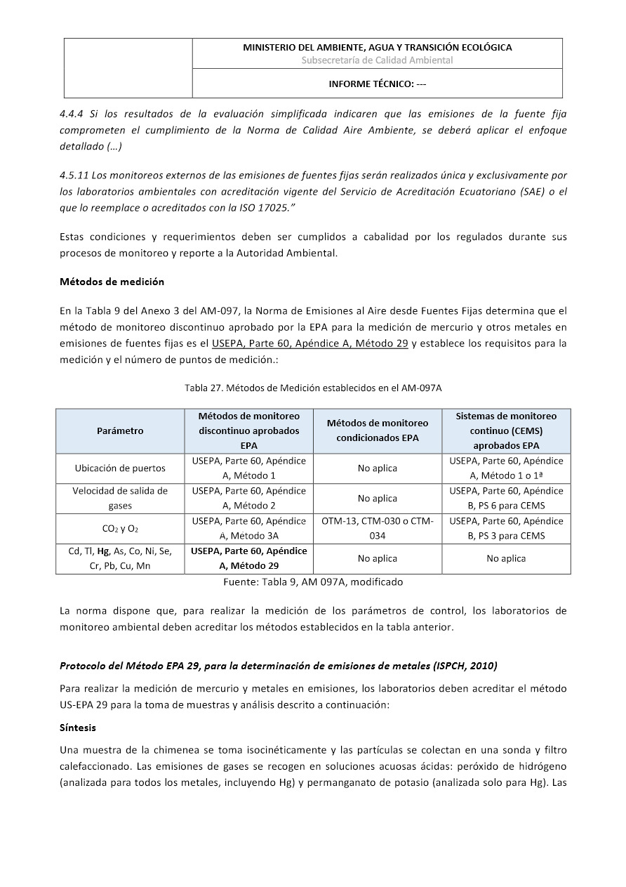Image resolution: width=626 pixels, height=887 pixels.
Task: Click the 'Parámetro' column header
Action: (119, 431)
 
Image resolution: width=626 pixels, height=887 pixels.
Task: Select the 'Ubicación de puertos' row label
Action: (120, 468)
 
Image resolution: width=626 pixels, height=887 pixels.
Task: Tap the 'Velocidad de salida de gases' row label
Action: (120, 498)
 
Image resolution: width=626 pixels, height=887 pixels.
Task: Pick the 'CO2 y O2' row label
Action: (120, 529)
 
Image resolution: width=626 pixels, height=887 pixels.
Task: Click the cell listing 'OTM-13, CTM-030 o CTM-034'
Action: (378, 528)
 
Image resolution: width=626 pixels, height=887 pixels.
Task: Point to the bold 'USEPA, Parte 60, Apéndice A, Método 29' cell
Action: (249, 558)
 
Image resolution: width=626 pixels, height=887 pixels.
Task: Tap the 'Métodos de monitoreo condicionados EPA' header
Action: (378, 431)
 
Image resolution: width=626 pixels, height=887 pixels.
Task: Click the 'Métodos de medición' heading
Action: (112, 282)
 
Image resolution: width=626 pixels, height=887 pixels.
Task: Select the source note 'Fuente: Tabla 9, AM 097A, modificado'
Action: (313, 582)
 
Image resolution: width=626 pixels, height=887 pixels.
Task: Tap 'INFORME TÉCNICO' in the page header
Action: (378, 84)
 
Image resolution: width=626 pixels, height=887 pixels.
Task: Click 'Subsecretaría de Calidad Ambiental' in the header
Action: (378, 60)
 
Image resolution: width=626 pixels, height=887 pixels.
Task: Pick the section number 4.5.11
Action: (76, 175)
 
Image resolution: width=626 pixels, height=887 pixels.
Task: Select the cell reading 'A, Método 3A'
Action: (249, 536)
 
